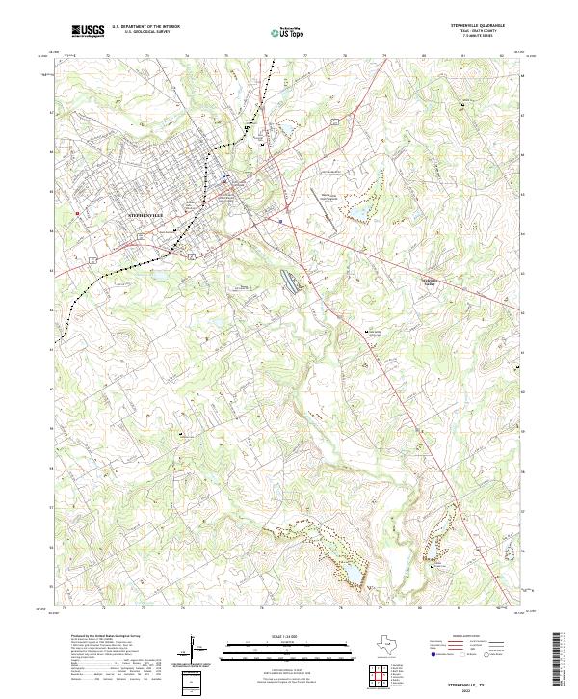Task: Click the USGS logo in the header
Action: (x=88, y=31)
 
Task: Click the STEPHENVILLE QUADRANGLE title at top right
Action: (x=477, y=26)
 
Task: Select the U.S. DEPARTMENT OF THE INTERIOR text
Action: (x=145, y=27)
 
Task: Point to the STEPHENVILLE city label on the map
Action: (x=147, y=210)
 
